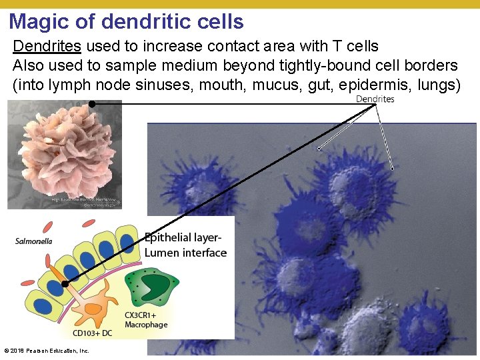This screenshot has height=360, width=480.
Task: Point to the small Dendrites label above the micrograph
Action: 375,99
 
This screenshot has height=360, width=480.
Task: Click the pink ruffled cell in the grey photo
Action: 63,152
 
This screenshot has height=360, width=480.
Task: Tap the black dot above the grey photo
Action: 92,104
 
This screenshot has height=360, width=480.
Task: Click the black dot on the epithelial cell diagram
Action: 65,283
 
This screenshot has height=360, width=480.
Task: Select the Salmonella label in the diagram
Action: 33,241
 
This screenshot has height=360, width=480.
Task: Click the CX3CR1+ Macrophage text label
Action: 146,319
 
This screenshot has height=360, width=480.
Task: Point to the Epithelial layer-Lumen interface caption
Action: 185,245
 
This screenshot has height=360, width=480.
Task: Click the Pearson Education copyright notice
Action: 47,351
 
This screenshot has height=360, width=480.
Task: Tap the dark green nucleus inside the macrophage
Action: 156,285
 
